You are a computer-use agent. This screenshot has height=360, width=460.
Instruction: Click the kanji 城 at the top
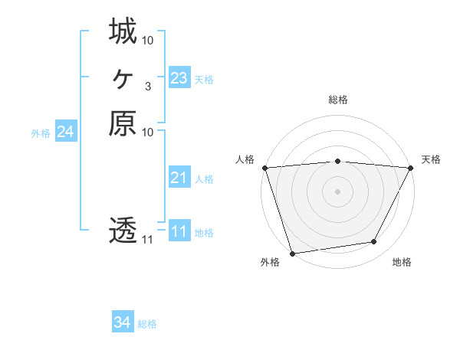[x=123, y=32]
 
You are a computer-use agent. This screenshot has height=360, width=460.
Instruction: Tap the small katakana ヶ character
[x=123, y=78]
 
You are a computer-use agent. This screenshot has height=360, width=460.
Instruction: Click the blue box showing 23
[x=179, y=78]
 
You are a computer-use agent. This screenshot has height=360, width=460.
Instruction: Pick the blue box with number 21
[x=179, y=178]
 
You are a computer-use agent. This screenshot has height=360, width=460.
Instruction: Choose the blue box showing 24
[x=65, y=133]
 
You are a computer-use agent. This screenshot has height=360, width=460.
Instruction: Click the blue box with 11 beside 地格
[x=179, y=232]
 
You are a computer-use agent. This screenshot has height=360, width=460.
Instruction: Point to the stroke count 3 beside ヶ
[x=147, y=86]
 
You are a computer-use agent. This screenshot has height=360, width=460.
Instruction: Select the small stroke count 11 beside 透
[x=147, y=240]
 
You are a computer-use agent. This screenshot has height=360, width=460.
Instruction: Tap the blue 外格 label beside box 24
[x=41, y=133]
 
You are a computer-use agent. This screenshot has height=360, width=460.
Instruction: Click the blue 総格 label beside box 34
[x=147, y=324]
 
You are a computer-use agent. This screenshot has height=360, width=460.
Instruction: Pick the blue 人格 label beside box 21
[x=204, y=179]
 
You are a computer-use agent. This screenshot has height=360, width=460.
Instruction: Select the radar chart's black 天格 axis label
[x=431, y=159]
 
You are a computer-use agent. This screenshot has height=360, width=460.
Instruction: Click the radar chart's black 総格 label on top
[x=337, y=100]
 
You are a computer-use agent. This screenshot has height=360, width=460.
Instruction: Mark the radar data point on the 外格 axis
[x=292, y=253]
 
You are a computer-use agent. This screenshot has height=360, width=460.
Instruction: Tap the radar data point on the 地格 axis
[x=374, y=242]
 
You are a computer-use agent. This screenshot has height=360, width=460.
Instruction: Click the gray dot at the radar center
[x=337, y=191]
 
